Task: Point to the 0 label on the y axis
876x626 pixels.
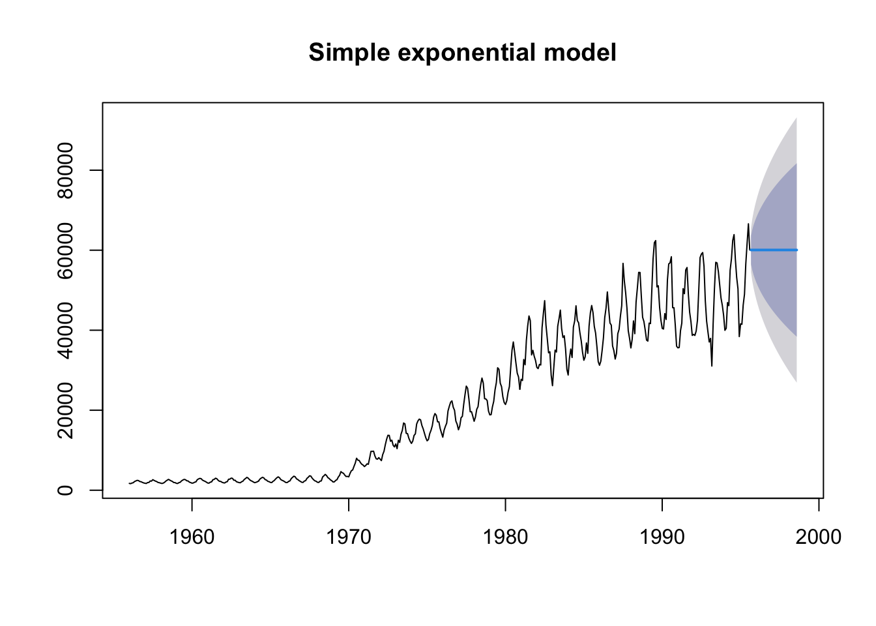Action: click(65, 490)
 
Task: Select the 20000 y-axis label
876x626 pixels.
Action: click(65, 410)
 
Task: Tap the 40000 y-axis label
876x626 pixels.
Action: click(65, 330)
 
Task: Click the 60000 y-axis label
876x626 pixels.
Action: click(65, 250)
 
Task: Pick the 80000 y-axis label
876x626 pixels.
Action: click(65, 170)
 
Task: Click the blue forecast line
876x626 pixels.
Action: click(774, 250)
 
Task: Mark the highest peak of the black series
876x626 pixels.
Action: click(748, 224)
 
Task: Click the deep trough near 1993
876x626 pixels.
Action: click(712, 365)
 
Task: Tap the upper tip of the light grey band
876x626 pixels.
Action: click(796, 119)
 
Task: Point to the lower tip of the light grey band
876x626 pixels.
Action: click(796, 381)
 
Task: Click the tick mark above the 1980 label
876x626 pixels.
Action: click(505, 503)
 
